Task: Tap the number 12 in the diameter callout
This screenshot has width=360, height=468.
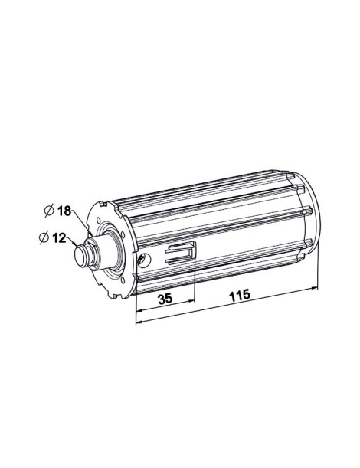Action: (x=57, y=237)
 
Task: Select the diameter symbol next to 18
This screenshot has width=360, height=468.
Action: (x=47, y=211)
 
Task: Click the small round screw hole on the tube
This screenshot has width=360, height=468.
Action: (x=143, y=260)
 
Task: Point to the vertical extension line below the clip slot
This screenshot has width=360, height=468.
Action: (x=195, y=283)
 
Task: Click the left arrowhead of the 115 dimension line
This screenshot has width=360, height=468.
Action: (x=139, y=321)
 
